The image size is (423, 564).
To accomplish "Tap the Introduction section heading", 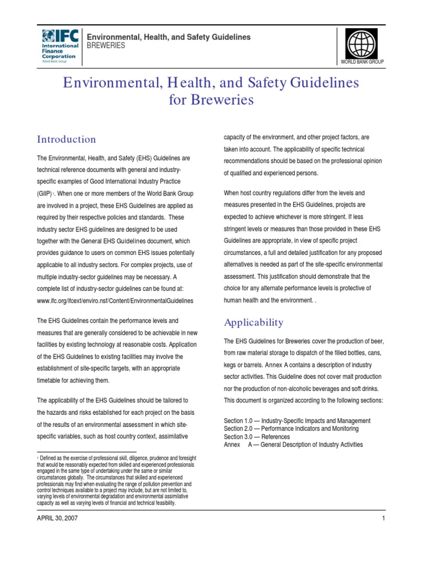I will click(66, 139).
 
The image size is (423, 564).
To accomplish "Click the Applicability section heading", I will click(253, 323).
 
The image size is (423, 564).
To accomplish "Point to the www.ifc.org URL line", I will click(115, 301).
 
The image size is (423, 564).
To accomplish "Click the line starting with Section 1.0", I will click(297, 421).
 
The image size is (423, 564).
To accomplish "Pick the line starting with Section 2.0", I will click(291, 429).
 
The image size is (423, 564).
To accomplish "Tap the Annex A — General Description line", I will click(293, 444).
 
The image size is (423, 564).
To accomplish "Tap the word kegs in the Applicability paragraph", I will click(231, 365).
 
